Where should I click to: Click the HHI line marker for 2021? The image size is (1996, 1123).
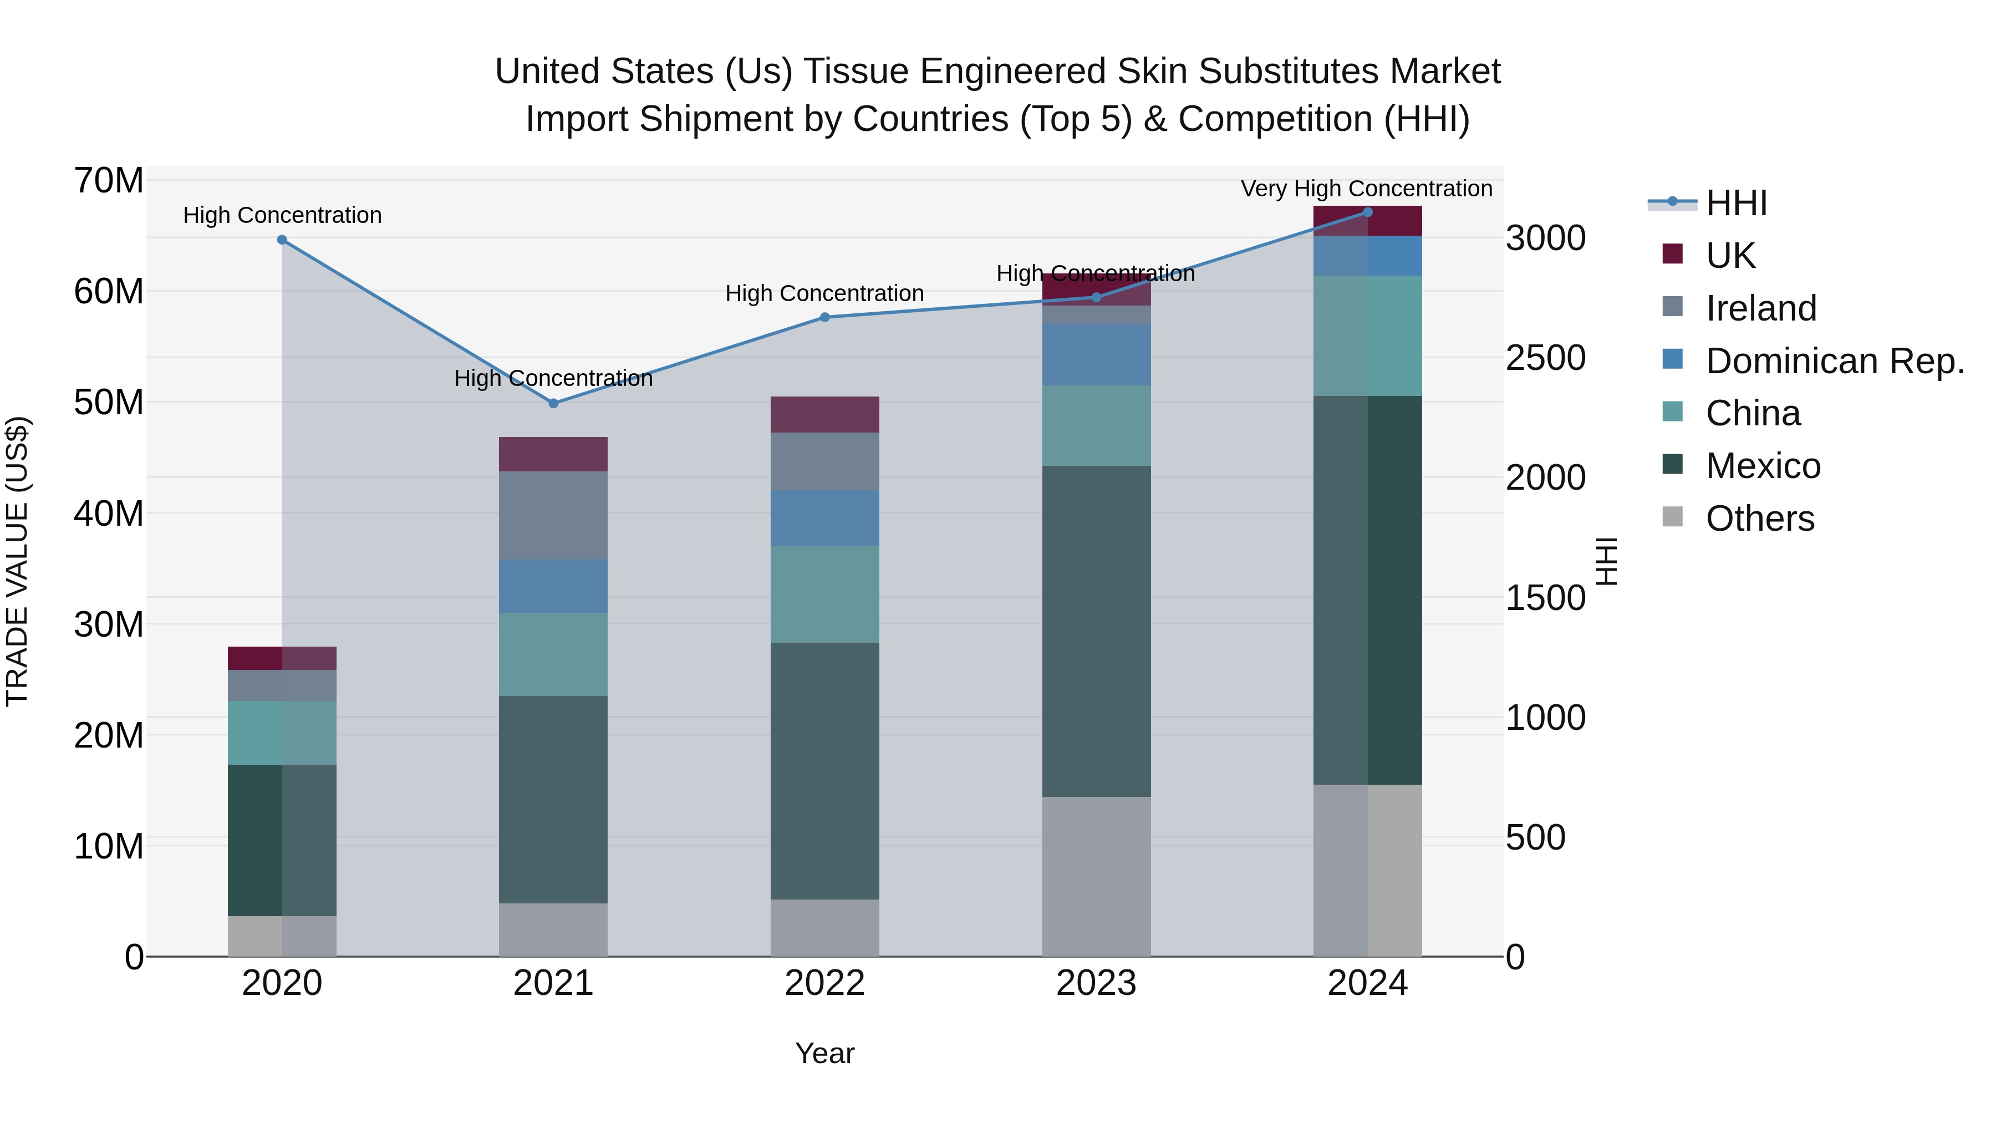tap(553, 403)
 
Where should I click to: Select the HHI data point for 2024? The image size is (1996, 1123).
tap(1367, 212)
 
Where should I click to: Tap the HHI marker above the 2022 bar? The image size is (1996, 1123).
tap(824, 317)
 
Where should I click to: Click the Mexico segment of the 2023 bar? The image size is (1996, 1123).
tap(1096, 631)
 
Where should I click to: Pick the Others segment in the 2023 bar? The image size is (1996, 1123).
tap(1096, 876)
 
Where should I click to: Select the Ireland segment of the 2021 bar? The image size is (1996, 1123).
tap(553, 515)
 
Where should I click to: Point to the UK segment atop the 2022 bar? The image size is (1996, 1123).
tap(824, 415)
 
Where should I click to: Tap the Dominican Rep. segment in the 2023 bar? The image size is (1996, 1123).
tap(1096, 354)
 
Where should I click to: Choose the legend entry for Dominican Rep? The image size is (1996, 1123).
tap(1835, 361)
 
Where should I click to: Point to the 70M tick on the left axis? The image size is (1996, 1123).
tap(109, 181)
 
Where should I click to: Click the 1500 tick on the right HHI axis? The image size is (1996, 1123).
tap(1545, 597)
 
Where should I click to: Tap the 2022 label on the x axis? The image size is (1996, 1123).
tap(824, 983)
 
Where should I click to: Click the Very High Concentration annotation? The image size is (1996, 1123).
tap(1366, 189)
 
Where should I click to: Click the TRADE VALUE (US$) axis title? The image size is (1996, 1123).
tap(17, 561)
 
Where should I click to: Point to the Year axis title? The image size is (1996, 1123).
tap(824, 1053)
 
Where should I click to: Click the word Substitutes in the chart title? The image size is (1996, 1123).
tap(1287, 72)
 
